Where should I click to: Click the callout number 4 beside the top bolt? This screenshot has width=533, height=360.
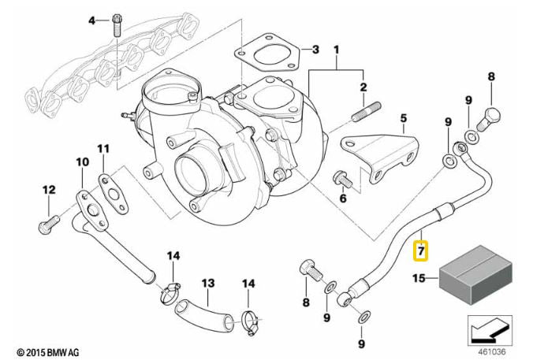[x=91, y=20]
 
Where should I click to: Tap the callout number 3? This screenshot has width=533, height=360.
[x=315, y=50]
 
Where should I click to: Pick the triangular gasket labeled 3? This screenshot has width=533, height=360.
[x=264, y=54]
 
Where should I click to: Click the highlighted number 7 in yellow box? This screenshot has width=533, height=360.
[x=421, y=251]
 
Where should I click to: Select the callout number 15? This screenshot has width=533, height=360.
[x=419, y=278]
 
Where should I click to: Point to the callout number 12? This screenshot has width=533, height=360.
[x=48, y=189]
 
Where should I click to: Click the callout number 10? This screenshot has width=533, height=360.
[x=83, y=162]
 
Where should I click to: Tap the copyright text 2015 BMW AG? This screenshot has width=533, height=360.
[x=48, y=351]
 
